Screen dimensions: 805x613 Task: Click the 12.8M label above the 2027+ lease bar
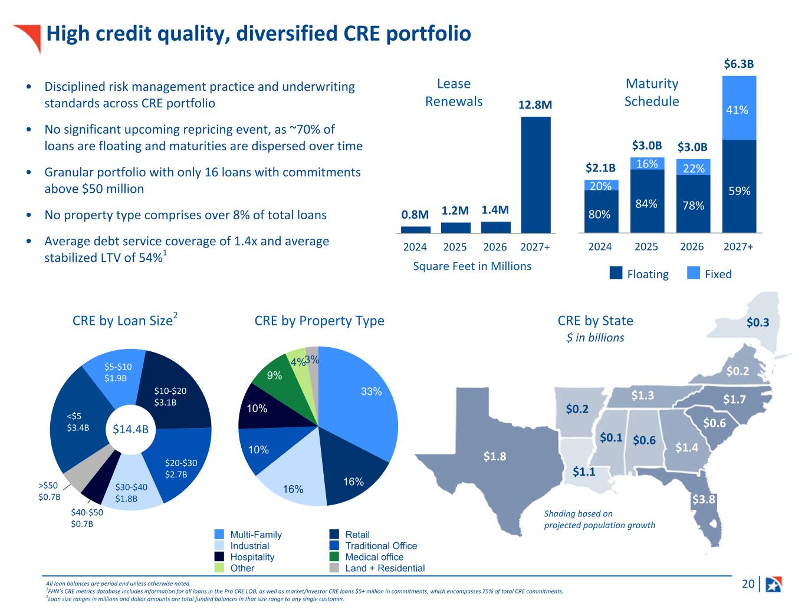(535, 105)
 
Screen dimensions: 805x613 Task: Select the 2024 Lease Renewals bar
(416, 229)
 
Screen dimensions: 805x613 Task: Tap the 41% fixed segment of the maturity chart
(739, 108)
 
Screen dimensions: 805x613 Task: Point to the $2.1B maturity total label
(600, 168)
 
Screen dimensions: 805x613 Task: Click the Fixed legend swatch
(693, 273)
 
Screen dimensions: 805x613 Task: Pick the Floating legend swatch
(616, 273)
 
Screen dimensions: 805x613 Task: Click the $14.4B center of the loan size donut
(130, 429)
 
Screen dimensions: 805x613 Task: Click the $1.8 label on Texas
(495, 456)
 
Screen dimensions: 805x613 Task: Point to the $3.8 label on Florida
(704, 499)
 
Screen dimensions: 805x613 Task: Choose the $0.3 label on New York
(758, 322)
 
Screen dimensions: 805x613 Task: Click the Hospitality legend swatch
(219, 556)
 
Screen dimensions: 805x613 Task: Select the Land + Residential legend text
(385, 568)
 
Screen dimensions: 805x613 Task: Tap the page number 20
(748, 584)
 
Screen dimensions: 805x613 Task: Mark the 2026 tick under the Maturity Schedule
(692, 246)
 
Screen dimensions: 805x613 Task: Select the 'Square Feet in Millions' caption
(472, 266)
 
